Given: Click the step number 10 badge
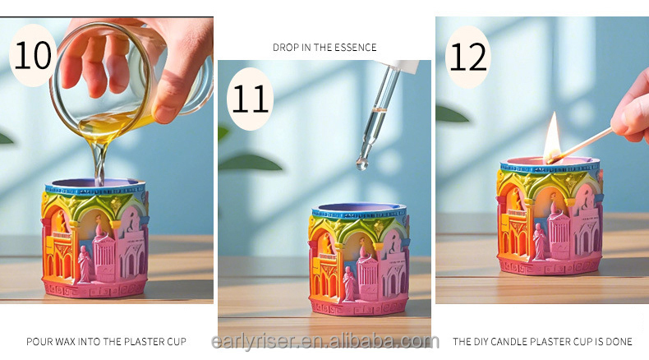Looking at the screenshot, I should [x=34, y=55].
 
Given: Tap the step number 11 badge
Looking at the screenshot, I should [x=250, y=98].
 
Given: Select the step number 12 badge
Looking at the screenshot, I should [x=467, y=58].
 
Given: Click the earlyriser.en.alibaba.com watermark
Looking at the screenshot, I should [x=324, y=342].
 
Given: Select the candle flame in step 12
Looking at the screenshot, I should [x=552, y=136].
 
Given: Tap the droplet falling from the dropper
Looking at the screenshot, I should [x=362, y=164].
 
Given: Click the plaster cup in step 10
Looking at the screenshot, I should [x=94, y=238].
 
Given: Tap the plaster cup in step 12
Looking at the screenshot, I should [x=549, y=218].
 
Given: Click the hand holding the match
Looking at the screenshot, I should [x=631, y=107].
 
